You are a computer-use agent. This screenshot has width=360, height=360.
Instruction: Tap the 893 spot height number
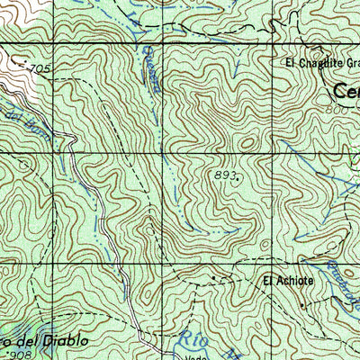[x=225, y=174]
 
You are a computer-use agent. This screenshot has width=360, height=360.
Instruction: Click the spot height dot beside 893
[x=238, y=178]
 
